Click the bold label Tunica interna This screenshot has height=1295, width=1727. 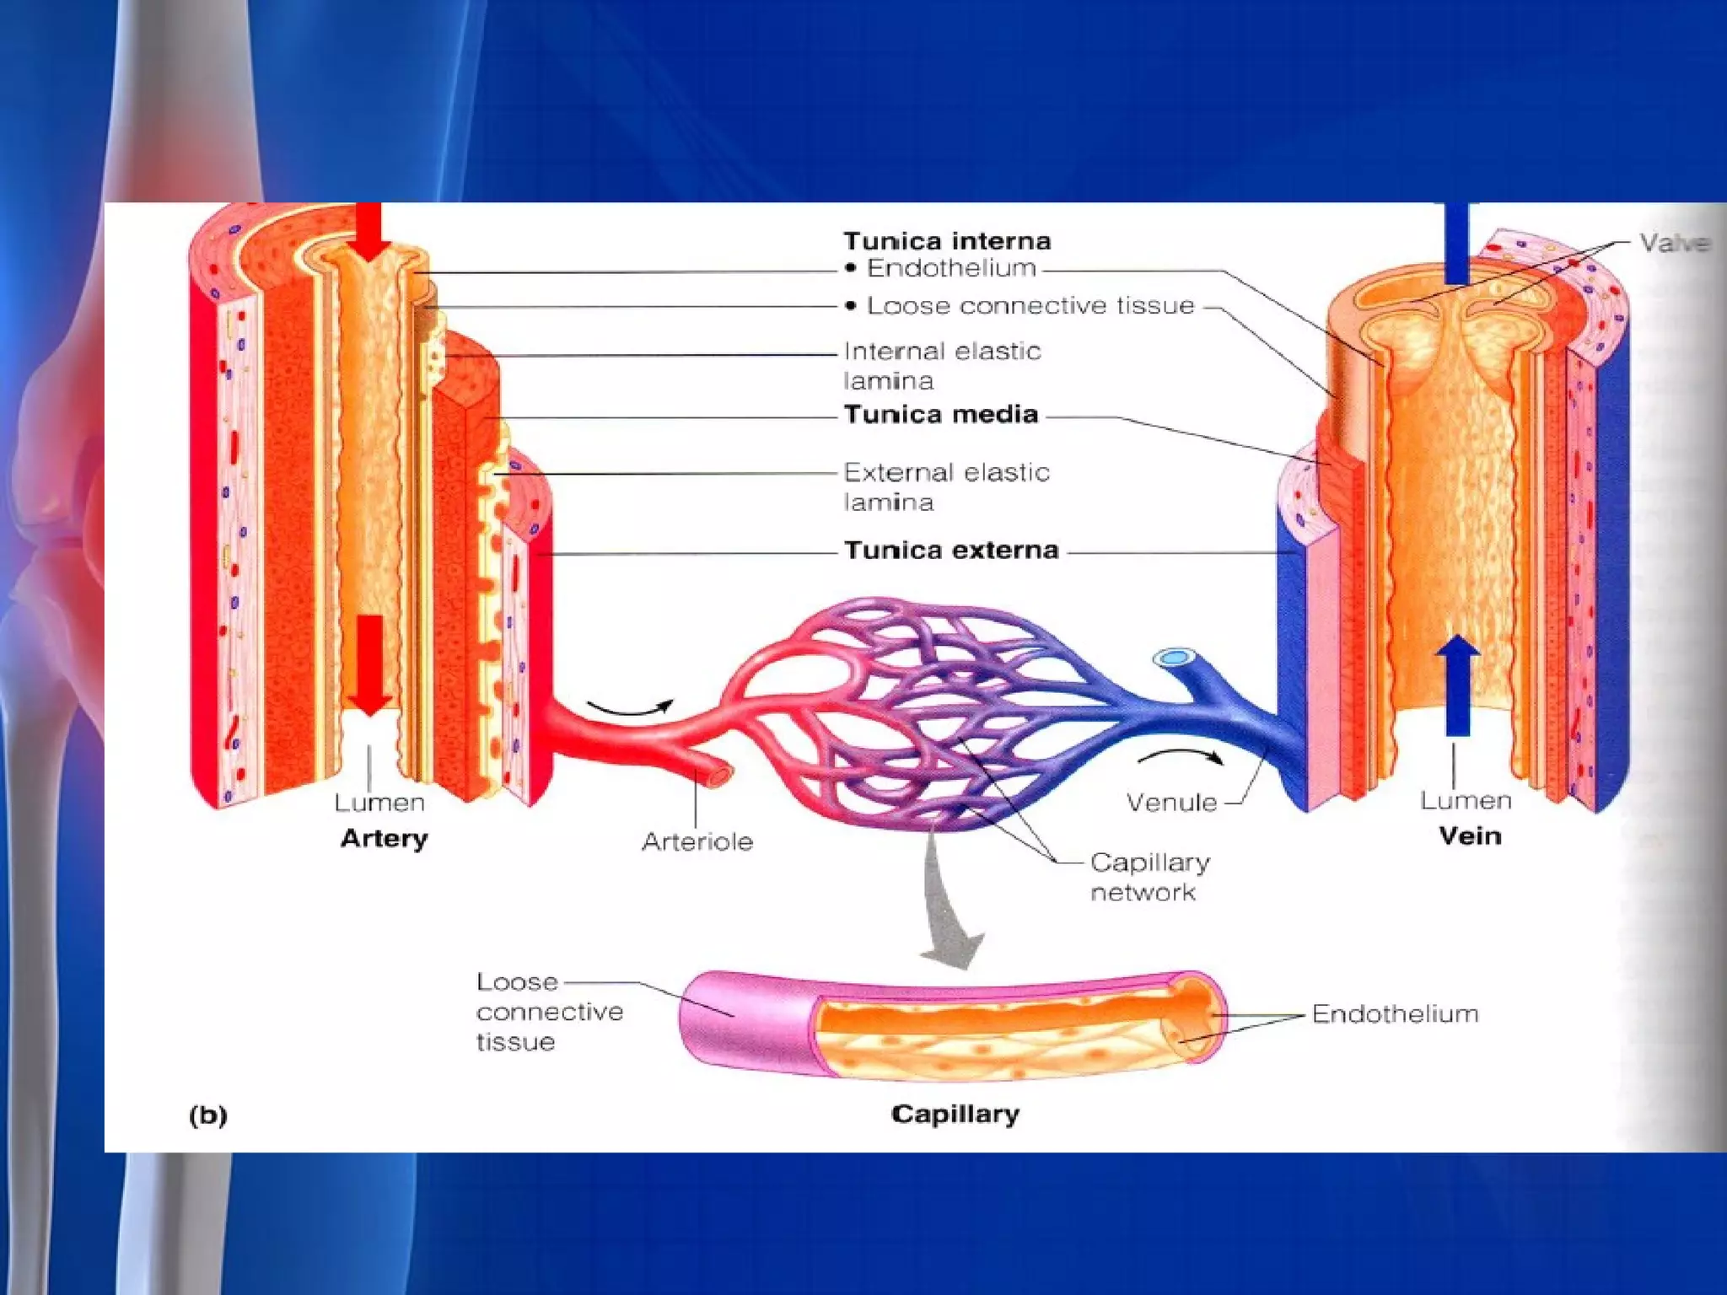click(947, 241)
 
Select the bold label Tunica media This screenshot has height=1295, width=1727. click(941, 414)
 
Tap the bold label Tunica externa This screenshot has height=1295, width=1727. click(951, 550)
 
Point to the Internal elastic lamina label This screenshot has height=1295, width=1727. click(942, 365)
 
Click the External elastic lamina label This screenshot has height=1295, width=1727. click(946, 486)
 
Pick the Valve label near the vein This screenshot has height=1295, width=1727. click(1674, 243)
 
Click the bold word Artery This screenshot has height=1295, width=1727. click(385, 838)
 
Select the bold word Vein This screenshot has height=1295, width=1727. click(1470, 836)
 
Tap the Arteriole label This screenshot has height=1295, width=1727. click(697, 841)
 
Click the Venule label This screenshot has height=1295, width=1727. click(1171, 802)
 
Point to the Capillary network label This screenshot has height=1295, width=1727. click(1149, 877)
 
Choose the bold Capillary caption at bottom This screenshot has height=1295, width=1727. click(955, 1114)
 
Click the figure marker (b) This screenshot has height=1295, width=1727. click(208, 1115)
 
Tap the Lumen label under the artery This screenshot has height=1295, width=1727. click(379, 802)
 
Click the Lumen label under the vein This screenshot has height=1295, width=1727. click(1466, 800)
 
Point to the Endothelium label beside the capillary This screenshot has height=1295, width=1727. click(1395, 1013)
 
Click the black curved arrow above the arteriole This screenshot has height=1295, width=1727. click(631, 708)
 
